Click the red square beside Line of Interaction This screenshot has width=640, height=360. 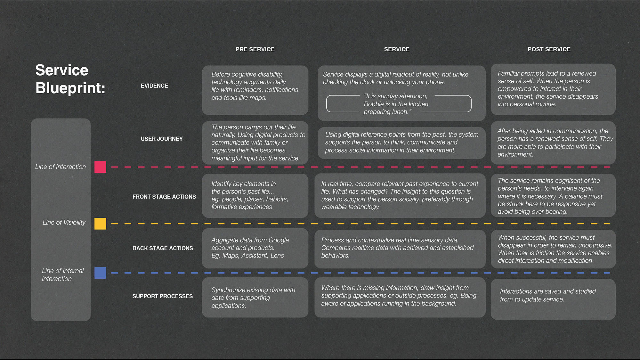click(100, 167)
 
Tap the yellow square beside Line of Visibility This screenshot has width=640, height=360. click(100, 224)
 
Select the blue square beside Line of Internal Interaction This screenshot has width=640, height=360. click(100, 273)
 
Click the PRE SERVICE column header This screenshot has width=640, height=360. click(255, 49)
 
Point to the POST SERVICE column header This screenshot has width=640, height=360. click(549, 49)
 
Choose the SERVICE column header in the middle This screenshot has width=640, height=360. click(397, 49)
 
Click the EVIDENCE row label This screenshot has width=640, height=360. click(154, 86)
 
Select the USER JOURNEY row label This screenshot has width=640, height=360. click(162, 139)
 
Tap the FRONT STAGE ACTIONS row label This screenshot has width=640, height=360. click(164, 197)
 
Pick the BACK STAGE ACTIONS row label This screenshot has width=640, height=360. click(163, 248)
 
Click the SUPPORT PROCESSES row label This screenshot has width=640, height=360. click(163, 296)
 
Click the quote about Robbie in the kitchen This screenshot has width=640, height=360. click(396, 104)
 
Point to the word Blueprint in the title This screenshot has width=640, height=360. click(70, 88)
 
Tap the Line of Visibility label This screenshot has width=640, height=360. click(64, 222)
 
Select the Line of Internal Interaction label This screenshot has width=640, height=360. click(63, 275)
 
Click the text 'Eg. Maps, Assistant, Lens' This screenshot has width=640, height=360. click(247, 256)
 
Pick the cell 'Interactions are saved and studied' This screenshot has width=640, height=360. click(553, 299)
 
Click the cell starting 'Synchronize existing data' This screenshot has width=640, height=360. click(255, 298)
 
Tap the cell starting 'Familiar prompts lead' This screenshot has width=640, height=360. click(553, 89)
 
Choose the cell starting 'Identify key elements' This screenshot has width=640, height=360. click(255, 196)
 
